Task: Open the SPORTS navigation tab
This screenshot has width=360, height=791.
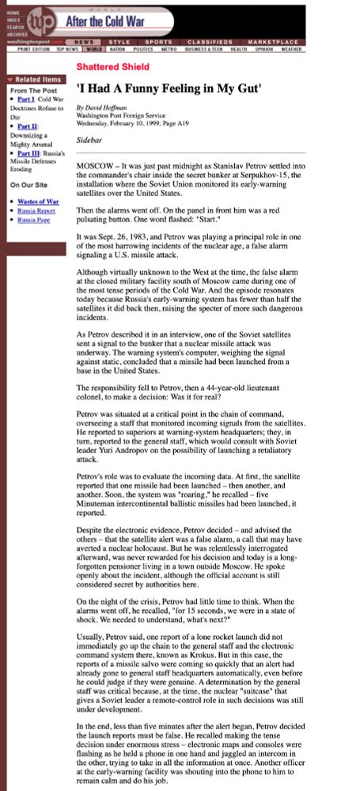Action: [157, 41]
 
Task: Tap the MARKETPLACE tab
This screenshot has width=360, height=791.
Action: [273, 41]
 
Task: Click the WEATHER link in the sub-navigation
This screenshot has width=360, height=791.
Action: [291, 49]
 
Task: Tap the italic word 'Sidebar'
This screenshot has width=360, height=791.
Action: [90, 140]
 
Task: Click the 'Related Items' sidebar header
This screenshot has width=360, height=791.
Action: [37, 79]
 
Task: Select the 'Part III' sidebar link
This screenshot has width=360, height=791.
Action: [28, 153]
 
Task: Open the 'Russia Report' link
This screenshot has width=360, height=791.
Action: [36, 210]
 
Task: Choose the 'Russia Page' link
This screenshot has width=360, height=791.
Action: [34, 219]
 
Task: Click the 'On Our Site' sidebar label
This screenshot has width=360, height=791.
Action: [27, 185]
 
